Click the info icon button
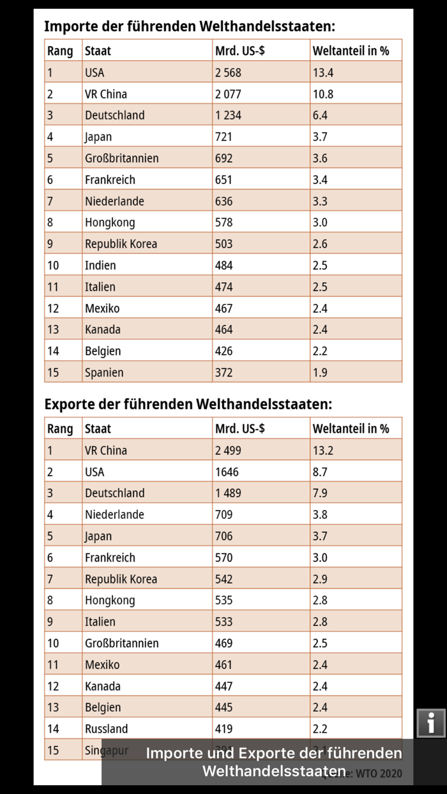(x=431, y=723)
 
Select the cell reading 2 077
(x=228, y=94)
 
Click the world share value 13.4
(x=323, y=73)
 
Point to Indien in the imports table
(x=100, y=266)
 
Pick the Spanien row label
(x=104, y=373)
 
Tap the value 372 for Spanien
(x=223, y=373)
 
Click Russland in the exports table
(x=106, y=729)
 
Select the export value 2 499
(x=228, y=451)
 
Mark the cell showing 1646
(x=226, y=472)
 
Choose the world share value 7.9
(x=320, y=493)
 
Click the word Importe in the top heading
(x=68, y=27)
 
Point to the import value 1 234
(x=228, y=116)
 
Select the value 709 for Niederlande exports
(x=223, y=515)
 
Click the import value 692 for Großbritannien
(x=223, y=158)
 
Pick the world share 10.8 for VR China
(x=323, y=94)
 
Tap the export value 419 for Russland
(x=223, y=729)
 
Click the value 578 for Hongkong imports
(x=223, y=223)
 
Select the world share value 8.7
(x=320, y=472)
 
